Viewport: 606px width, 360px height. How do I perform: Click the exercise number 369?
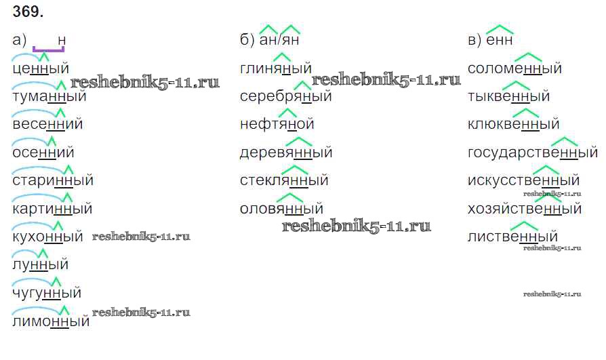(x=28, y=12)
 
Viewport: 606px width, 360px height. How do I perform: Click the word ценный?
(x=41, y=68)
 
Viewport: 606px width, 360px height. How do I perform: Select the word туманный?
(x=49, y=96)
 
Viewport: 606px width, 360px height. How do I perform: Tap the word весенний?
(x=47, y=124)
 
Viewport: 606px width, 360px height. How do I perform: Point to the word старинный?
(x=53, y=180)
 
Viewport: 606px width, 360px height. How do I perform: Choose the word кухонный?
(x=47, y=237)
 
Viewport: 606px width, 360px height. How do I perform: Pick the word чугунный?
(x=47, y=293)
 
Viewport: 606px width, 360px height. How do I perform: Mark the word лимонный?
(x=51, y=321)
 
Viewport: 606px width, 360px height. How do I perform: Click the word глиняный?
(x=276, y=68)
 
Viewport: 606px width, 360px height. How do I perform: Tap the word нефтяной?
(x=277, y=124)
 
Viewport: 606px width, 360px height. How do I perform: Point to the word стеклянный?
(x=284, y=180)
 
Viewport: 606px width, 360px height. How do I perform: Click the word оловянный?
(x=281, y=209)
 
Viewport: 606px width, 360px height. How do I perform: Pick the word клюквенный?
(x=513, y=124)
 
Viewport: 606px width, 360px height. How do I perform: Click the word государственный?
(x=533, y=153)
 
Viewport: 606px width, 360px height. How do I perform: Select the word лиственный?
(x=512, y=237)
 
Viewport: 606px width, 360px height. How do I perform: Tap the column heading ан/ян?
(x=279, y=40)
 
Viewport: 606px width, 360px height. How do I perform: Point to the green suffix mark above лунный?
(x=43, y=254)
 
